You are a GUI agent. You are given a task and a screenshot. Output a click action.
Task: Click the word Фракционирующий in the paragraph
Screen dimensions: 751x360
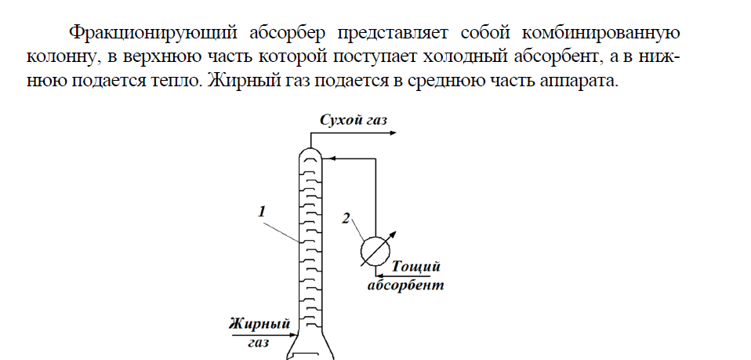pyautogui.click(x=153, y=33)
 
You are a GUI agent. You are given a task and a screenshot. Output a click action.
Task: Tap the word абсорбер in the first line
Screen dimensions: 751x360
pyautogui.click(x=288, y=33)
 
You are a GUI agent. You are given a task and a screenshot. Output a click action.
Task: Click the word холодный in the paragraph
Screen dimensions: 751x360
pyautogui.click(x=464, y=56)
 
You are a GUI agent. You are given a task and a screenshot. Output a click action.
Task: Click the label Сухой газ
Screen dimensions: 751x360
pyautogui.click(x=353, y=120)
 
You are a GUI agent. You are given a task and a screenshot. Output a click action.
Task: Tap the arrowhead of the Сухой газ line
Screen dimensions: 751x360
pyautogui.click(x=394, y=133)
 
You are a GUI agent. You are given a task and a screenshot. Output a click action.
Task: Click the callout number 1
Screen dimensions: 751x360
pyautogui.click(x=262, y=212)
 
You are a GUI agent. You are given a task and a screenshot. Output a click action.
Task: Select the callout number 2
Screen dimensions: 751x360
pyautogui.click(x=346, y=218)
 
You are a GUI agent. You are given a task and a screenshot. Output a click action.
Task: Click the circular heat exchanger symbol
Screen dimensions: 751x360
pyautogui.click(x=375, y=250)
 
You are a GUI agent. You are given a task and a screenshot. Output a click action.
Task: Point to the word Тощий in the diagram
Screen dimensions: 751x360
pyautogui.click(x=415, y=267)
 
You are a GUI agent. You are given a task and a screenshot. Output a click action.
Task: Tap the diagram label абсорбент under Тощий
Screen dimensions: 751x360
pyautogui.click(x=405, y=285)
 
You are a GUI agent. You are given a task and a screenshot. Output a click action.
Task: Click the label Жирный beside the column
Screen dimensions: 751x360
pyautogui.click(x=259, y=324)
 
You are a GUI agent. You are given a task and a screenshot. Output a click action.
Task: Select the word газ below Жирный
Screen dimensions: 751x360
pyautogui.click(x=259, y=343)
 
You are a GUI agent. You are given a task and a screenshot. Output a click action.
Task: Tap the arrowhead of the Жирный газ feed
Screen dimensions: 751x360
pyautogui.click(x=294, y=336)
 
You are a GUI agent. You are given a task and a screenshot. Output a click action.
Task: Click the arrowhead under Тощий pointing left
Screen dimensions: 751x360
pyautogui.click(x=379, y=275)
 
